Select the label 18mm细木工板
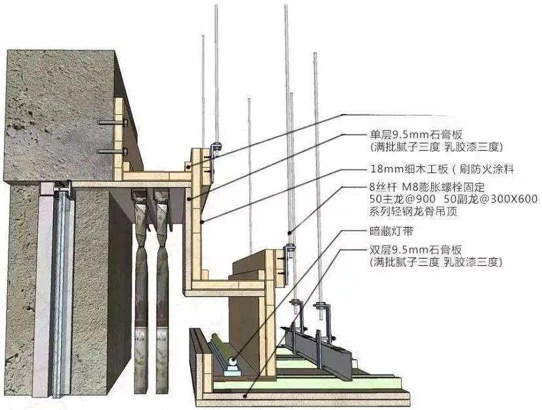(x=409, y=169)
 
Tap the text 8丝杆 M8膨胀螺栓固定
(x=427, y=187)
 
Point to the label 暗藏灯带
(x=391, y=231)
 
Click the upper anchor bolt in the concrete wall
(x=113, y=122)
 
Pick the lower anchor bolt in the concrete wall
(x=113, y=151)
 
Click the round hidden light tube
(x=232, y=362)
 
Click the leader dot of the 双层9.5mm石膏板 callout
(x=245, y=396)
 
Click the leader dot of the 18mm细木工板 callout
(x=201, y=222)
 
